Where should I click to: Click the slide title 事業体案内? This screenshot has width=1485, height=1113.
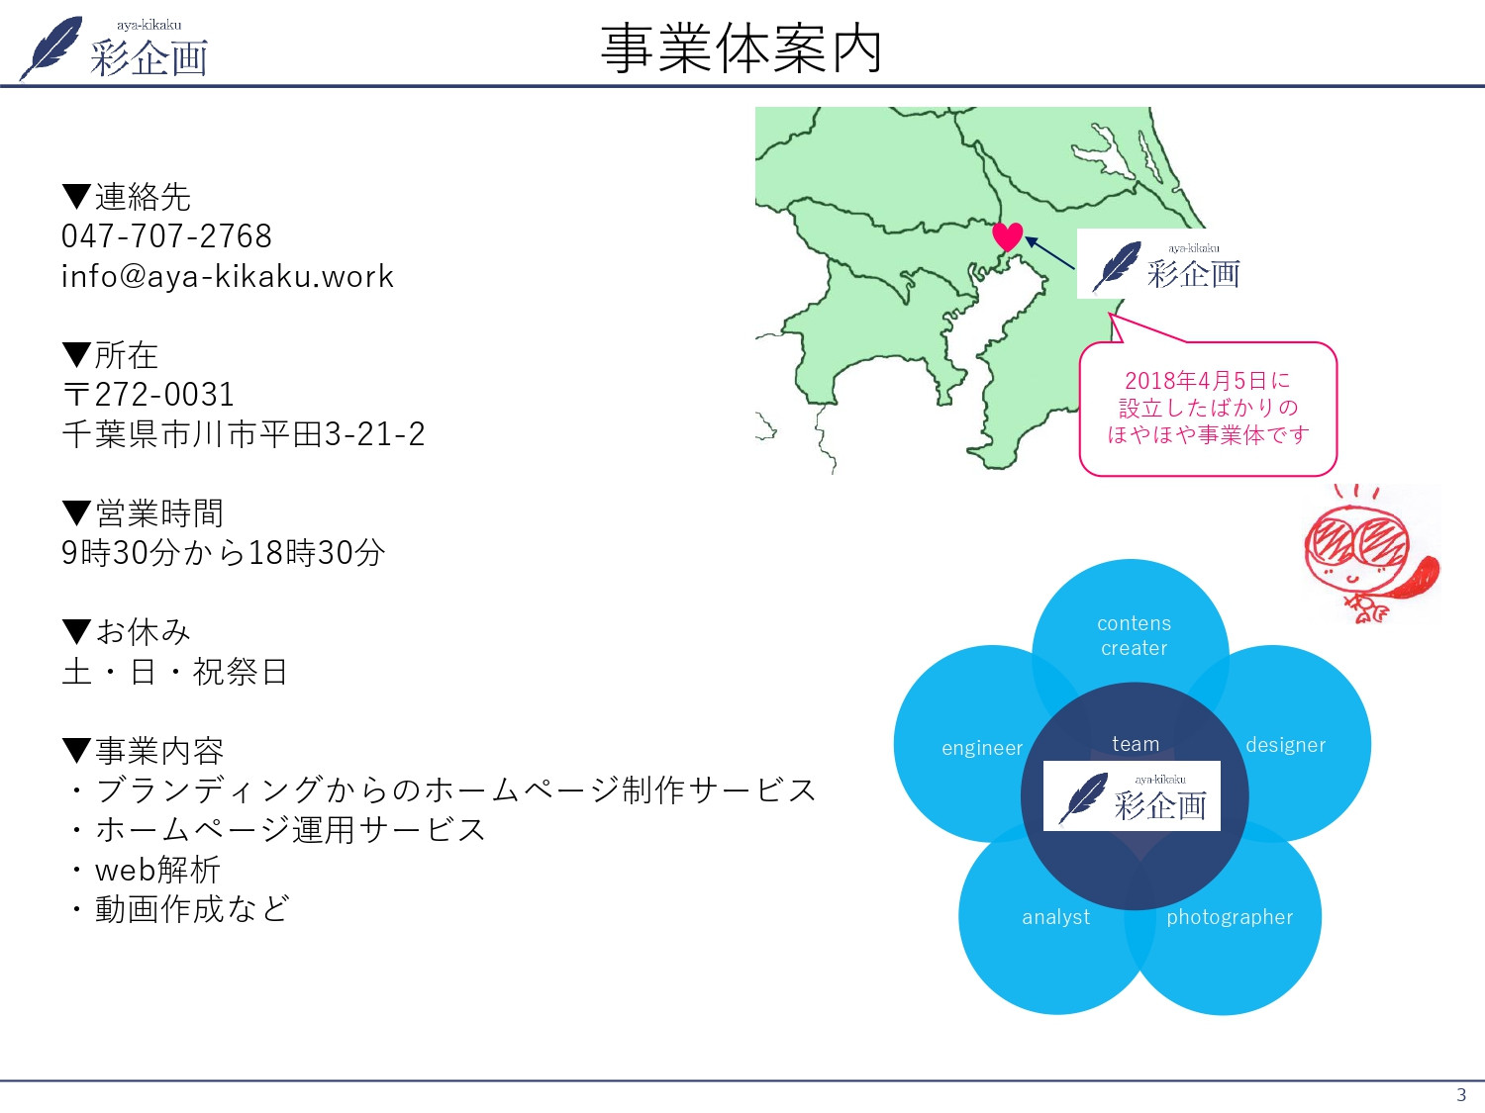coord(741,49)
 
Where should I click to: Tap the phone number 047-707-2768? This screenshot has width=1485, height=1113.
coord(166,236)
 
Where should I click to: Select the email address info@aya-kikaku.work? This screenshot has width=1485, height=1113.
coord(228,276)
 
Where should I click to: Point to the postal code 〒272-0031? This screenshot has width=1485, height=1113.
coord(148,395)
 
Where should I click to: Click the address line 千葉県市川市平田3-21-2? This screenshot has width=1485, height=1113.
coord(244,434)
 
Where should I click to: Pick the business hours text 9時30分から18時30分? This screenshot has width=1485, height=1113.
coord(224,553)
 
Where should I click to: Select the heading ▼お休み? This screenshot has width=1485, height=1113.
coord(127,632)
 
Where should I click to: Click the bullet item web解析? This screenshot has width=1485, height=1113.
coord(157,870)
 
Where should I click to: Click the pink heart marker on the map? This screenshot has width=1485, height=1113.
coord(1007,236)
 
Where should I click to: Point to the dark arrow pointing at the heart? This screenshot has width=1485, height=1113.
coord(1049,253)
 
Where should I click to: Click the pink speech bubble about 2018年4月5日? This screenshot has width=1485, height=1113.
coord(1208,408)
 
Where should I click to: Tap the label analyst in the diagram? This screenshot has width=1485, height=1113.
coord(1055,917)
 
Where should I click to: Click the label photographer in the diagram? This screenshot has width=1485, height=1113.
coord(1230,917)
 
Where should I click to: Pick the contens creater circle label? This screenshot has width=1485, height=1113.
coord(1134,635)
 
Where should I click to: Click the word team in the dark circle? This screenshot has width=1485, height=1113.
coord(1136,744)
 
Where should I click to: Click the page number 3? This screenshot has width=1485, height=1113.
coord(1461,1094)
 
